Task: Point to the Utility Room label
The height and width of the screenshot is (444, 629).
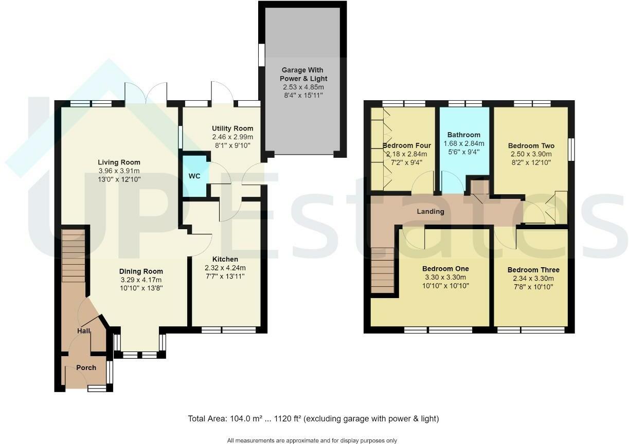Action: (x=232, y=128)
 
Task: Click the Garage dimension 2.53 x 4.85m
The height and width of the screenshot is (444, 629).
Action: (x=303, y=87)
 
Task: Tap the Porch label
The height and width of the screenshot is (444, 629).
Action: (x=86, y=367)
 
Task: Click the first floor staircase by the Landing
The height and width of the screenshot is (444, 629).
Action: (x=382, y=270)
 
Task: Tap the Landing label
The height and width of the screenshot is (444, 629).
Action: (x=431, y=211)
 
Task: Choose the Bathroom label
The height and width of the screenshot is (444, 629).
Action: (x=463, y=135)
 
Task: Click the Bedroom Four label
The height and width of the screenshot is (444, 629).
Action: (x=406, y=145)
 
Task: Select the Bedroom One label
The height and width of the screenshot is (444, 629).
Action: (x=445, y=269)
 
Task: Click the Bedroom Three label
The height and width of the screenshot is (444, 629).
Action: (x=533, y=270)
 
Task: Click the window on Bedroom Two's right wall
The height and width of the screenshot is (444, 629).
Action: (x=571, y=149)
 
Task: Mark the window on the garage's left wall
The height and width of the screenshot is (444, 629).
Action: (x=261, y=54)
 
